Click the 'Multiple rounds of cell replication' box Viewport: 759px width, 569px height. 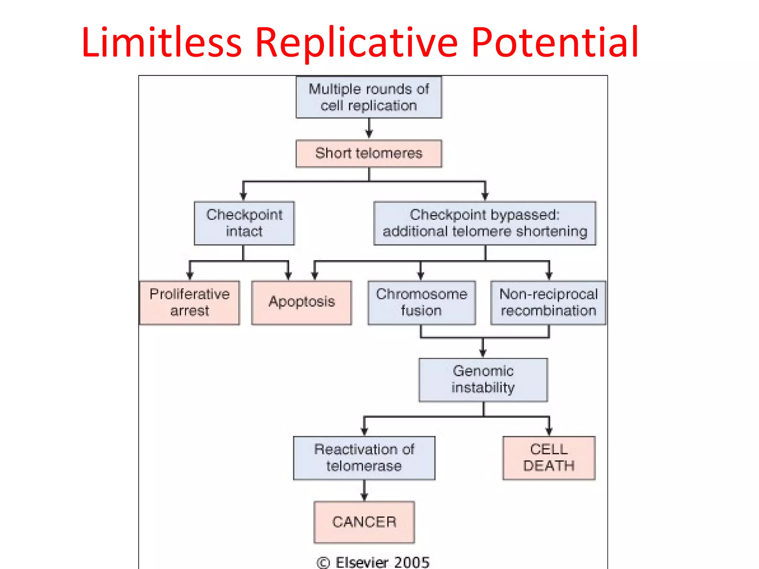tap(369, 97)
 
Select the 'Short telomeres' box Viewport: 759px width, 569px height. tap(369, 153)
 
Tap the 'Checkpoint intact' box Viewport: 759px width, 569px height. tap(244, 223)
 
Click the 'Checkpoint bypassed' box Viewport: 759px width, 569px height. tap(485, 223)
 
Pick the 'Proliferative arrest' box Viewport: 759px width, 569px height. tap(189, 302)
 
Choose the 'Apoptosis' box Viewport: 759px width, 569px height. tap(302, 302)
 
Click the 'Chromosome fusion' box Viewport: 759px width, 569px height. tap(421, 302)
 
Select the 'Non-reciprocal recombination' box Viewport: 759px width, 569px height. tap(548, 302)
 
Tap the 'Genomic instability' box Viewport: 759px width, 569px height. tap(483, 379)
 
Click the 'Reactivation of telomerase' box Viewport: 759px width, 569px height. tap(364, 457)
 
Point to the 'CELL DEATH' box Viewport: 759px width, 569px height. tap(548, 457)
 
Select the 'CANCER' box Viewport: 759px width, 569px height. tap(364, 522)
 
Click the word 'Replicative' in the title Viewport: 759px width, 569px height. tap(357, 44)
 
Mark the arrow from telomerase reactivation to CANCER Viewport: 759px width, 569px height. tap(364, 491)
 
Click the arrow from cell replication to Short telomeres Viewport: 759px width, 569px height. tap(369, 129)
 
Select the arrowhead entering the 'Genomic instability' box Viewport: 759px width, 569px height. tap(483, 353)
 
